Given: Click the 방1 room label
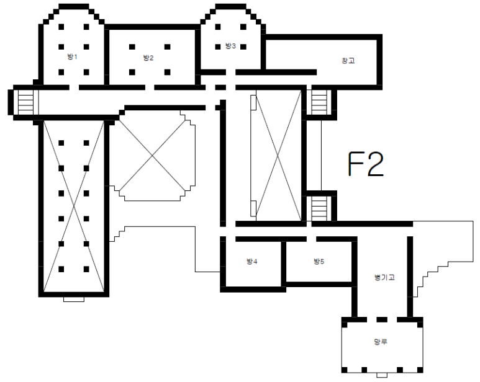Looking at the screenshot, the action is click(x=72, y=56).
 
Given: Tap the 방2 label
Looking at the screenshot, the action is click(x=148, y=58).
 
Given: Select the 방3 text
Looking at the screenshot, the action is click(x=230, y=46).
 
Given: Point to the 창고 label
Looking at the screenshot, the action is click(x=348, y=61).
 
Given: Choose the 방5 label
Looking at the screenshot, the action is click(x=319, y=261).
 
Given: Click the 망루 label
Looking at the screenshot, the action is click(x=381, y=342).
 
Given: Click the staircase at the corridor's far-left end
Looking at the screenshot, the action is click(x=25, y=102).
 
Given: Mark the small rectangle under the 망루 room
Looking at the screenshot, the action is click(x=382, y=375).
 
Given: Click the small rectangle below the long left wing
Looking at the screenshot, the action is click(x=73, y=299).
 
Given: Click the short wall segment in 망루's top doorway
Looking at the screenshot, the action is click(x=382, y=319).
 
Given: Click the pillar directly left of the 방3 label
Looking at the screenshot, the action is click(x=218, y=47).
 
